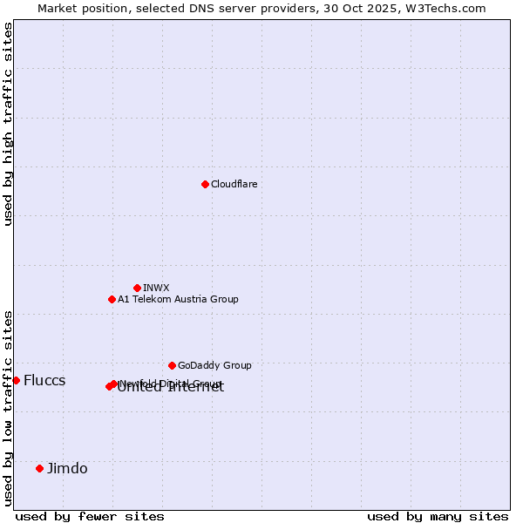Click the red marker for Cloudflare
pyautogui.click(x=205, y=184)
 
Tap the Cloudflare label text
pyautogui.click(x=234, y=184)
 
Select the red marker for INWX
pyautogui.click(x=137, y=288)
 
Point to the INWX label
pyautogui.click(x=156, y=288)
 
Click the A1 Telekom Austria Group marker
pyautogui.click(x=112, y=299)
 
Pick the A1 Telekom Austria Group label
pyautogui.click(x=178, y=299)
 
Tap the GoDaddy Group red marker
pyautogui.click(x=172, y=365)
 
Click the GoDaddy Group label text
pyautogui.click(x=214, y=365)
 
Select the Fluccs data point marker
pyautogui.click(x=16, y=380)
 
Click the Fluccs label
pyautogui.click(x=44, y=380)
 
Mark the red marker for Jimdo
pyautogui.click(x=39, y=468)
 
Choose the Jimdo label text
pyautogui.click(x=67, y=468)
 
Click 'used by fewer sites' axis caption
pyautogui.click(x=90, y=516)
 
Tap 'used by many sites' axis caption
pyautogui.click(x=438, y=516)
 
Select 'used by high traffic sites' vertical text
pyautogui.click(x=8, y=124)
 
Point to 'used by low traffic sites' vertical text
pyautogui.click(x=8, y=408)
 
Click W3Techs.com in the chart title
pyautogui.click(x=450, y=8)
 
